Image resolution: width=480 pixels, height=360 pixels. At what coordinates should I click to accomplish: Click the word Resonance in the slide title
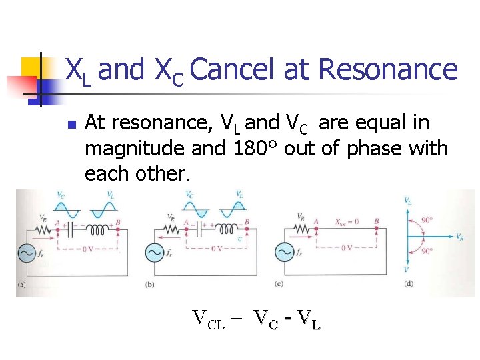(x=388, y=70)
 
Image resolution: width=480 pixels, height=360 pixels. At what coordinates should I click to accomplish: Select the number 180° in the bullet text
(x=255, y=148)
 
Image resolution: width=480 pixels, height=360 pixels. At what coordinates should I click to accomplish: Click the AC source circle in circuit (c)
(x=285, y=253)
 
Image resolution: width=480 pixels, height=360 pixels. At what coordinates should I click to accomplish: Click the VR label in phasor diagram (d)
(x=460, y=237)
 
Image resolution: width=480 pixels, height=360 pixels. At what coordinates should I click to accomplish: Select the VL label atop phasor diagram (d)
(x=407, y=199)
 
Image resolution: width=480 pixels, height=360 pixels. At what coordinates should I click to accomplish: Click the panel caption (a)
(x=21, y=285)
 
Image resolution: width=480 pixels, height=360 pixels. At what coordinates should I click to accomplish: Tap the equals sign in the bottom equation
(x=237, y=318)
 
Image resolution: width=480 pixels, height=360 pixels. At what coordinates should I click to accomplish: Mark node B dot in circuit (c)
(x=376, y=229)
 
